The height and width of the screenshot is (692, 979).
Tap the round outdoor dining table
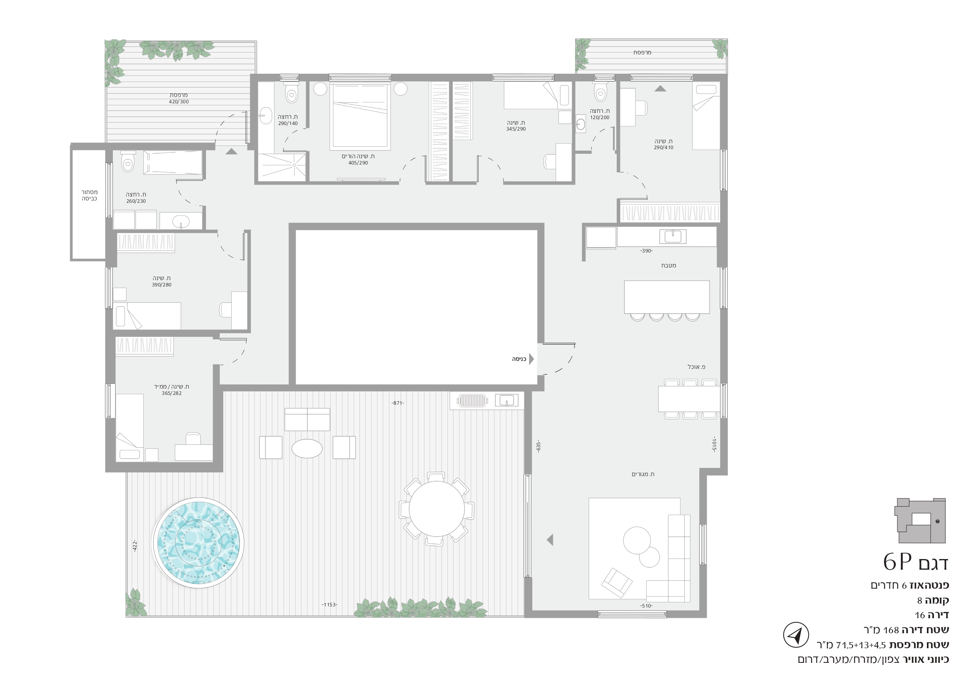click(x=437, y=509)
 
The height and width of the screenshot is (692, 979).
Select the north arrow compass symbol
click(x=796, y=635)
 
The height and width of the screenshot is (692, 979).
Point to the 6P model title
click(x=915, y=562)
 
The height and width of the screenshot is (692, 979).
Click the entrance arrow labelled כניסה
click(x=531, y=359)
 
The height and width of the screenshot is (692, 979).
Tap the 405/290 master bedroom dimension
click(x=358, y=163)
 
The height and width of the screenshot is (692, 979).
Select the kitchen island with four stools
click(x=666, y=300)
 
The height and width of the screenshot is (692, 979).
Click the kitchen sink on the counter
click(x=673, y=236)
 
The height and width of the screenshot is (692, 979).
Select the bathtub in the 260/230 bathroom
click(x=173, y=163)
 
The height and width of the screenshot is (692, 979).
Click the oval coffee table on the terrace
click(x=307, y=449)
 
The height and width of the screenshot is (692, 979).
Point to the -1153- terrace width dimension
click(x=329, y=604)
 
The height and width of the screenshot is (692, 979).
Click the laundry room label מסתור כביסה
click(x=90, y=195)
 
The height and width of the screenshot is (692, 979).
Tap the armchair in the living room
click(x=617, y=582)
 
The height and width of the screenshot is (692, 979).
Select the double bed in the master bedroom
click(x=360, y=116)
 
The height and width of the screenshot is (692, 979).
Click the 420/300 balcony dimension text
click(x=179, y=102)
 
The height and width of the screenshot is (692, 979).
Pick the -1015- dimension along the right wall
click(x=714, y=444)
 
